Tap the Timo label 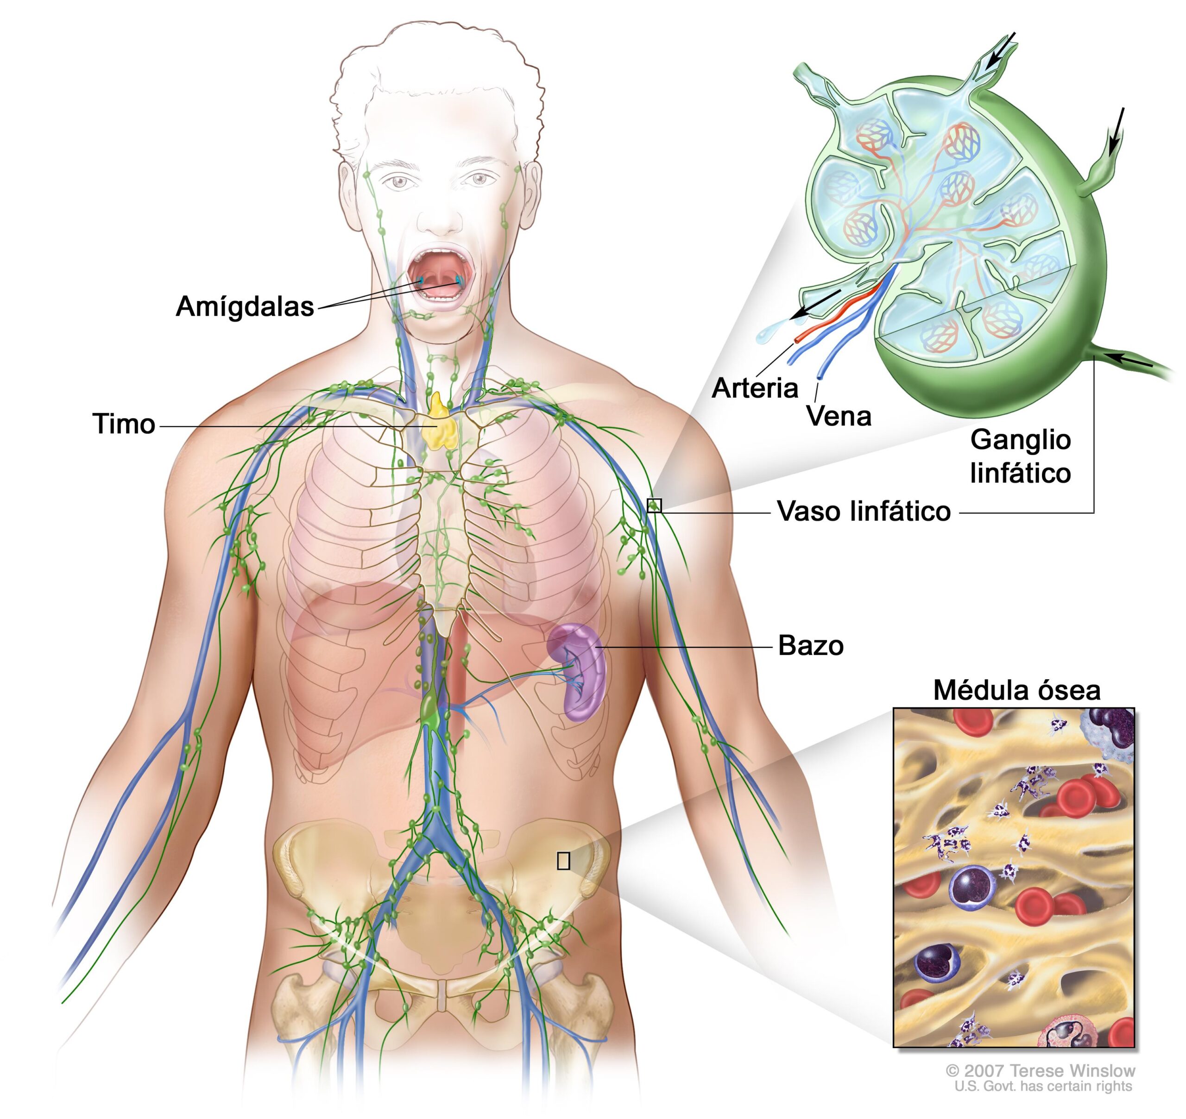124,424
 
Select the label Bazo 811,646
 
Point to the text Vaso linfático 864,512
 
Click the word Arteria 755,389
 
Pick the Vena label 839,416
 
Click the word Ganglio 1021,441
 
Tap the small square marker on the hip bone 563,860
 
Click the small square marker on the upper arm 654,505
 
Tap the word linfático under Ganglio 1021,473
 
